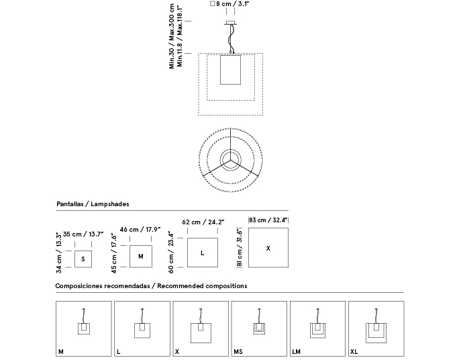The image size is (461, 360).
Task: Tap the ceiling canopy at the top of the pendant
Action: point(232,23)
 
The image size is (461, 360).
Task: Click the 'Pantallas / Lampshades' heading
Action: point(93,204)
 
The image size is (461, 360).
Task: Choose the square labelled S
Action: point(83,259)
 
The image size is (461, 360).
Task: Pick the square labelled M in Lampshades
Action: point(140,256)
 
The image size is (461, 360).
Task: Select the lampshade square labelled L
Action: point(203,253)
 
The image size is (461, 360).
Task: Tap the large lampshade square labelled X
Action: point(268,248)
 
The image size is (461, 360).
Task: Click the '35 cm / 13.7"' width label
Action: point(83,234)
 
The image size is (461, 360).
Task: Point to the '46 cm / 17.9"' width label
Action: point(140,230)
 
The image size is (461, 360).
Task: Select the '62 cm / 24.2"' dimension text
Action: point(203,222)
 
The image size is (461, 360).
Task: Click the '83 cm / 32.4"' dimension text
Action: point(268,220)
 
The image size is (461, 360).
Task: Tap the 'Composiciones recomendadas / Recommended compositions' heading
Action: point(152,286)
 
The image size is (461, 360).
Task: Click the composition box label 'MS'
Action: point(238,351)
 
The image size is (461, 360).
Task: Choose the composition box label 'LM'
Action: point(297,351)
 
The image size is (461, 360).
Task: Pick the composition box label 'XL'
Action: point(354,351)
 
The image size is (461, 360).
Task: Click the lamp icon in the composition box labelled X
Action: point(201,328)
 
